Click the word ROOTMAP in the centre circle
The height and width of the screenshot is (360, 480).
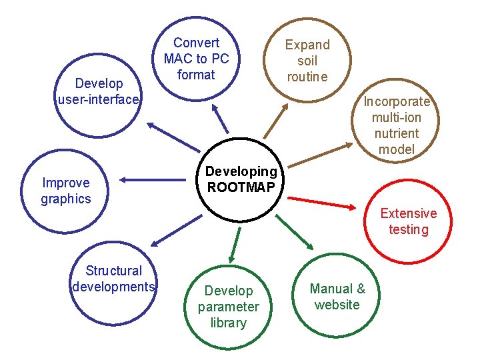241,187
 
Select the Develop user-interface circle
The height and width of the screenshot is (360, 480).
99,91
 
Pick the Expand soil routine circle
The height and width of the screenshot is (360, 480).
307,60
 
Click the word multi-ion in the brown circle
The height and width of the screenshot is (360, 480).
396,117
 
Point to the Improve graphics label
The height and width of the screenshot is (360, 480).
65,191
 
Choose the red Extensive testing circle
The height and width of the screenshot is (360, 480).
408,221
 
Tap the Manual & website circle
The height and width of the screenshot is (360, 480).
337,297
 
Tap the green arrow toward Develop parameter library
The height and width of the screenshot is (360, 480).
235,244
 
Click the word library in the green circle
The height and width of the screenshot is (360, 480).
228,323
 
